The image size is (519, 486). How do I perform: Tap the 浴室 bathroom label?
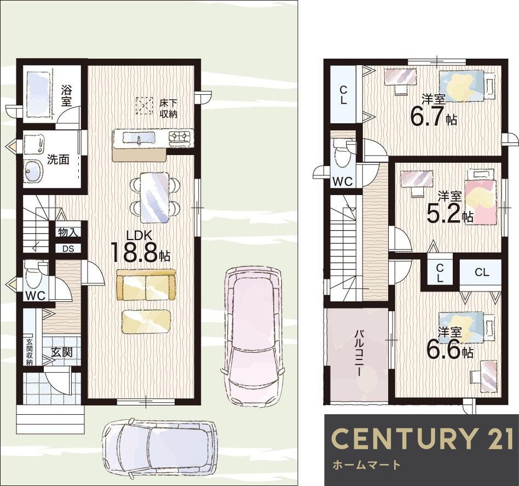point(66,96)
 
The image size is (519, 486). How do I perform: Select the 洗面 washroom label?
point(58,159)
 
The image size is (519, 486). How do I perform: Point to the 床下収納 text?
point(169,108)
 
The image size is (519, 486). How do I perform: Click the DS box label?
point(68,249)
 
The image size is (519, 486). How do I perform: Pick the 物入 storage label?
point(68,232)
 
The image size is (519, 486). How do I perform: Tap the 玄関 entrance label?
point(62,352)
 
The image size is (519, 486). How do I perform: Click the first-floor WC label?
point(36,296)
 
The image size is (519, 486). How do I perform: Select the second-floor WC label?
point(342,181)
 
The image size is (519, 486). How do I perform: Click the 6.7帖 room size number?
point(434,117)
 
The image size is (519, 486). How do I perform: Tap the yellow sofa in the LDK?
point(146,284)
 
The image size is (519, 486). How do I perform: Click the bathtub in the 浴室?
point(38,94)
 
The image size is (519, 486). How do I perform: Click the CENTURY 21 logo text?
point(422,438)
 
